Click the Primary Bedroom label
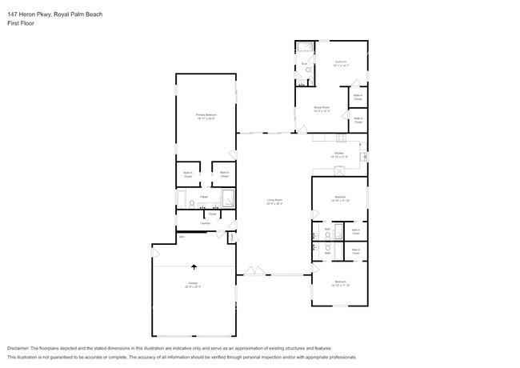tap(206, 117)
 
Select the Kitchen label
tap(339, 154)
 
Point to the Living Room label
tap(274, 201)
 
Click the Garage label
tap(193, 284)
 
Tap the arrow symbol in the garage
tap(193, 268)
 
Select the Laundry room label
tap(205, 223)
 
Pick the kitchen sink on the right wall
tap(363, 156)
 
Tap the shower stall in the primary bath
tap(227, 199)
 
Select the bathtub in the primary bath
tap(181, 199)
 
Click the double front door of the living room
tap(254, 271)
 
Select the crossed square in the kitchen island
tap(339, 169)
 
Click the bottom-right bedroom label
tap(340, 283)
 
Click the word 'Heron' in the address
tap(30, 14)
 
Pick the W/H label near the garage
tap(182, 236)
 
